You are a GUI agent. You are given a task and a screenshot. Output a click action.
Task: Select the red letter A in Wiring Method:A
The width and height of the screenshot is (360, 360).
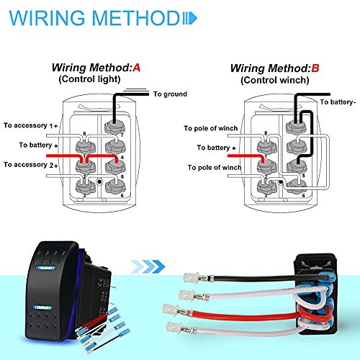135,68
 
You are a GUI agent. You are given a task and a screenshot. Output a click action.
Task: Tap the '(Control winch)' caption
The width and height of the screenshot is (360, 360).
272,81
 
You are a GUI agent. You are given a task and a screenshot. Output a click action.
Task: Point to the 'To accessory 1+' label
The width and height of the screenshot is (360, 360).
30,126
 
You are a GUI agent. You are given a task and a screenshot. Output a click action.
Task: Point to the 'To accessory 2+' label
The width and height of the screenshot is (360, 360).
30,165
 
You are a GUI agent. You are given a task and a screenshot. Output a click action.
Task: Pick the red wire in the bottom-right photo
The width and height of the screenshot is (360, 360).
245,315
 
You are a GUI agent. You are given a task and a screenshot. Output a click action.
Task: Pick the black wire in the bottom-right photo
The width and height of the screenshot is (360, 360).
245,277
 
